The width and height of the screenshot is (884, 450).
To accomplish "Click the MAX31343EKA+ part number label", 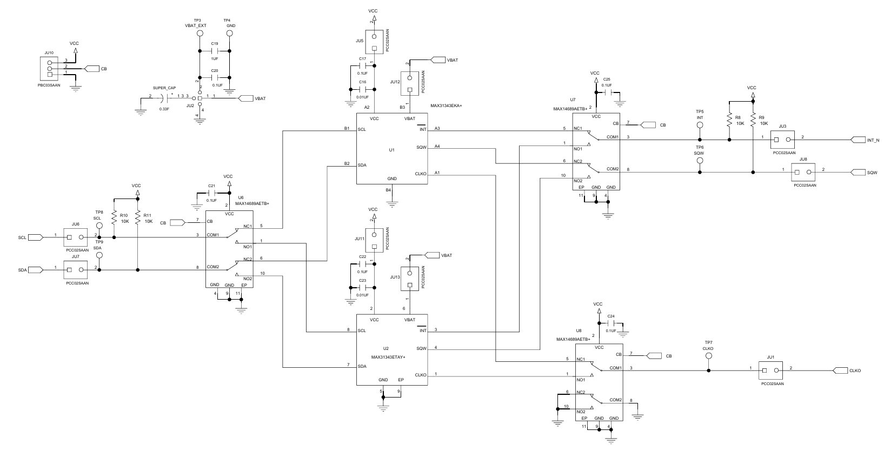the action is (446, 106).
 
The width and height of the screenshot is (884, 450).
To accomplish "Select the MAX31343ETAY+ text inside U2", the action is (388, 357).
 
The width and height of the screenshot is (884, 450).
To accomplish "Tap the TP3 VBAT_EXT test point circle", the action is (200, 34).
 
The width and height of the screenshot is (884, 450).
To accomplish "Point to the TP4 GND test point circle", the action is (229, 34).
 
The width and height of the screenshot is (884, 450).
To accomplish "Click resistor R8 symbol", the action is (729, 120).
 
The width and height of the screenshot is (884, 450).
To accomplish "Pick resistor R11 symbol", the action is (138, 217).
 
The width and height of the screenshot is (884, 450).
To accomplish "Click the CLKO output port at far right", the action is (840, 370).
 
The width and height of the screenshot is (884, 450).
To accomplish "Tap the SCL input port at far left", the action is (36, 237).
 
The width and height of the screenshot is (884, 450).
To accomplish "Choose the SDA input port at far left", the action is (36, 270).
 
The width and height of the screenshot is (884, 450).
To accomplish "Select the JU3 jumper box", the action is (782, 140).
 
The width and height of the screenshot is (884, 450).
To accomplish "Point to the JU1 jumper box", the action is (770, 370).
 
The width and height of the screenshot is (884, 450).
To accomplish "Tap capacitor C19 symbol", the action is (215, 51).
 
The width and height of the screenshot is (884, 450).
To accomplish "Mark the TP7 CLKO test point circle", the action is (709, 356).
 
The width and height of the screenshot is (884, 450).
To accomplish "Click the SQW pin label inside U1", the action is (422, 148).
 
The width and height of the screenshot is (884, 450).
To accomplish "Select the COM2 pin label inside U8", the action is (616, 400).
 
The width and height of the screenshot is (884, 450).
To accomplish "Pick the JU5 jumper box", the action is (374, 42).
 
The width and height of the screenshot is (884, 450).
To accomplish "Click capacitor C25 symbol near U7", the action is (609, 92).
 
